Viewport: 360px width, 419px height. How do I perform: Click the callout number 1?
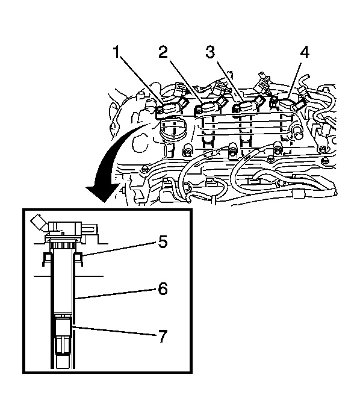(x=116, y=52)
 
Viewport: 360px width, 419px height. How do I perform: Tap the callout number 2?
(x=163, y=52)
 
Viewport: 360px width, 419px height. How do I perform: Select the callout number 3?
(x=210, y=52)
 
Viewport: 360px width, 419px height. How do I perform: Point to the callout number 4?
(x=305, y=52)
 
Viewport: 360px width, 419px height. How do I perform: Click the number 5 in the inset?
(x=163, y=241)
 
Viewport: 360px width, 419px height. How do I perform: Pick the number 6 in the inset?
(x=163, y=288)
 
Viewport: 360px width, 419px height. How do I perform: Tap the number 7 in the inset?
(x=163, y=336)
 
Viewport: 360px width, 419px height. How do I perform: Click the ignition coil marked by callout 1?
(x=171, y=108)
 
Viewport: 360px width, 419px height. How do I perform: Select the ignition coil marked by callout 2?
(x=210, y=108)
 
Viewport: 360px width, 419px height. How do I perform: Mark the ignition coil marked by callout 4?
(x=287, y=105)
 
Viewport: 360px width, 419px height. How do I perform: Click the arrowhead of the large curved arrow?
(x=103, y=193)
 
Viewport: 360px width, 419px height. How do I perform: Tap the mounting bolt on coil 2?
(x=199, y=110)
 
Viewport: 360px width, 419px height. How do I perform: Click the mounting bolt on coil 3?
(x=236, y=109)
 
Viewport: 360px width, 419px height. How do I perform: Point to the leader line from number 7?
(x=116, y=331)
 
